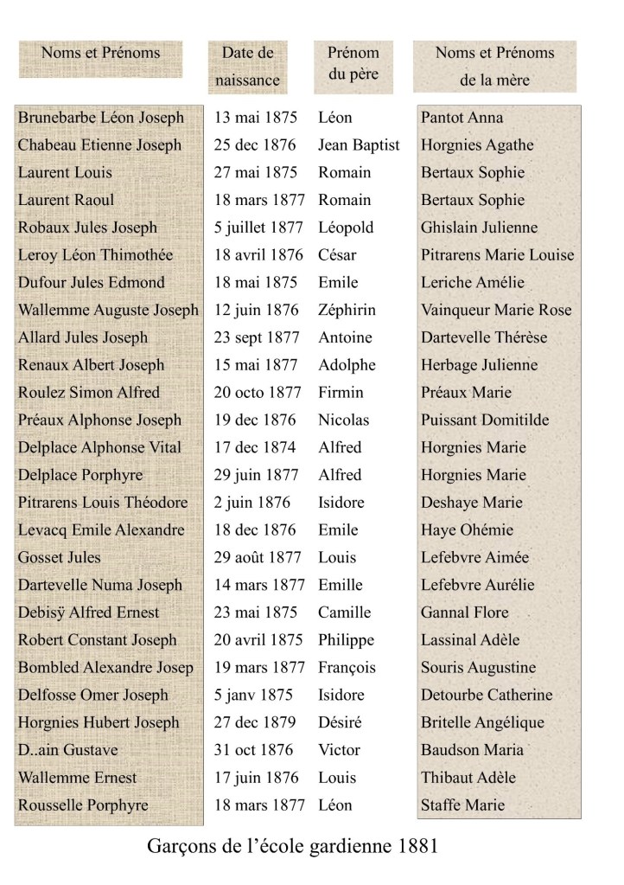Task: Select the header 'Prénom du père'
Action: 353,63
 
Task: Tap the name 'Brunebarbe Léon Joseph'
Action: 101,118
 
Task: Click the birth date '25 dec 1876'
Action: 255,145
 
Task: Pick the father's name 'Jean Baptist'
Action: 359,145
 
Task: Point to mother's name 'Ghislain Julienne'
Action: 479,228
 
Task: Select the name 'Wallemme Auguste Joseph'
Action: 108,310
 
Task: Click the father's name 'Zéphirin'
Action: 347,310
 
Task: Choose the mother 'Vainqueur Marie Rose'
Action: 496,310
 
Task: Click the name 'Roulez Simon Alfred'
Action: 89,392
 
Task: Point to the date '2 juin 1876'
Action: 252,503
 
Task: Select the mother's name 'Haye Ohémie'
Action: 467,530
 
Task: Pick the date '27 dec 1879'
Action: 255,722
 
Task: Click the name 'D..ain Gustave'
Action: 68,750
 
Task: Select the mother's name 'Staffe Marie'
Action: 462,805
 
